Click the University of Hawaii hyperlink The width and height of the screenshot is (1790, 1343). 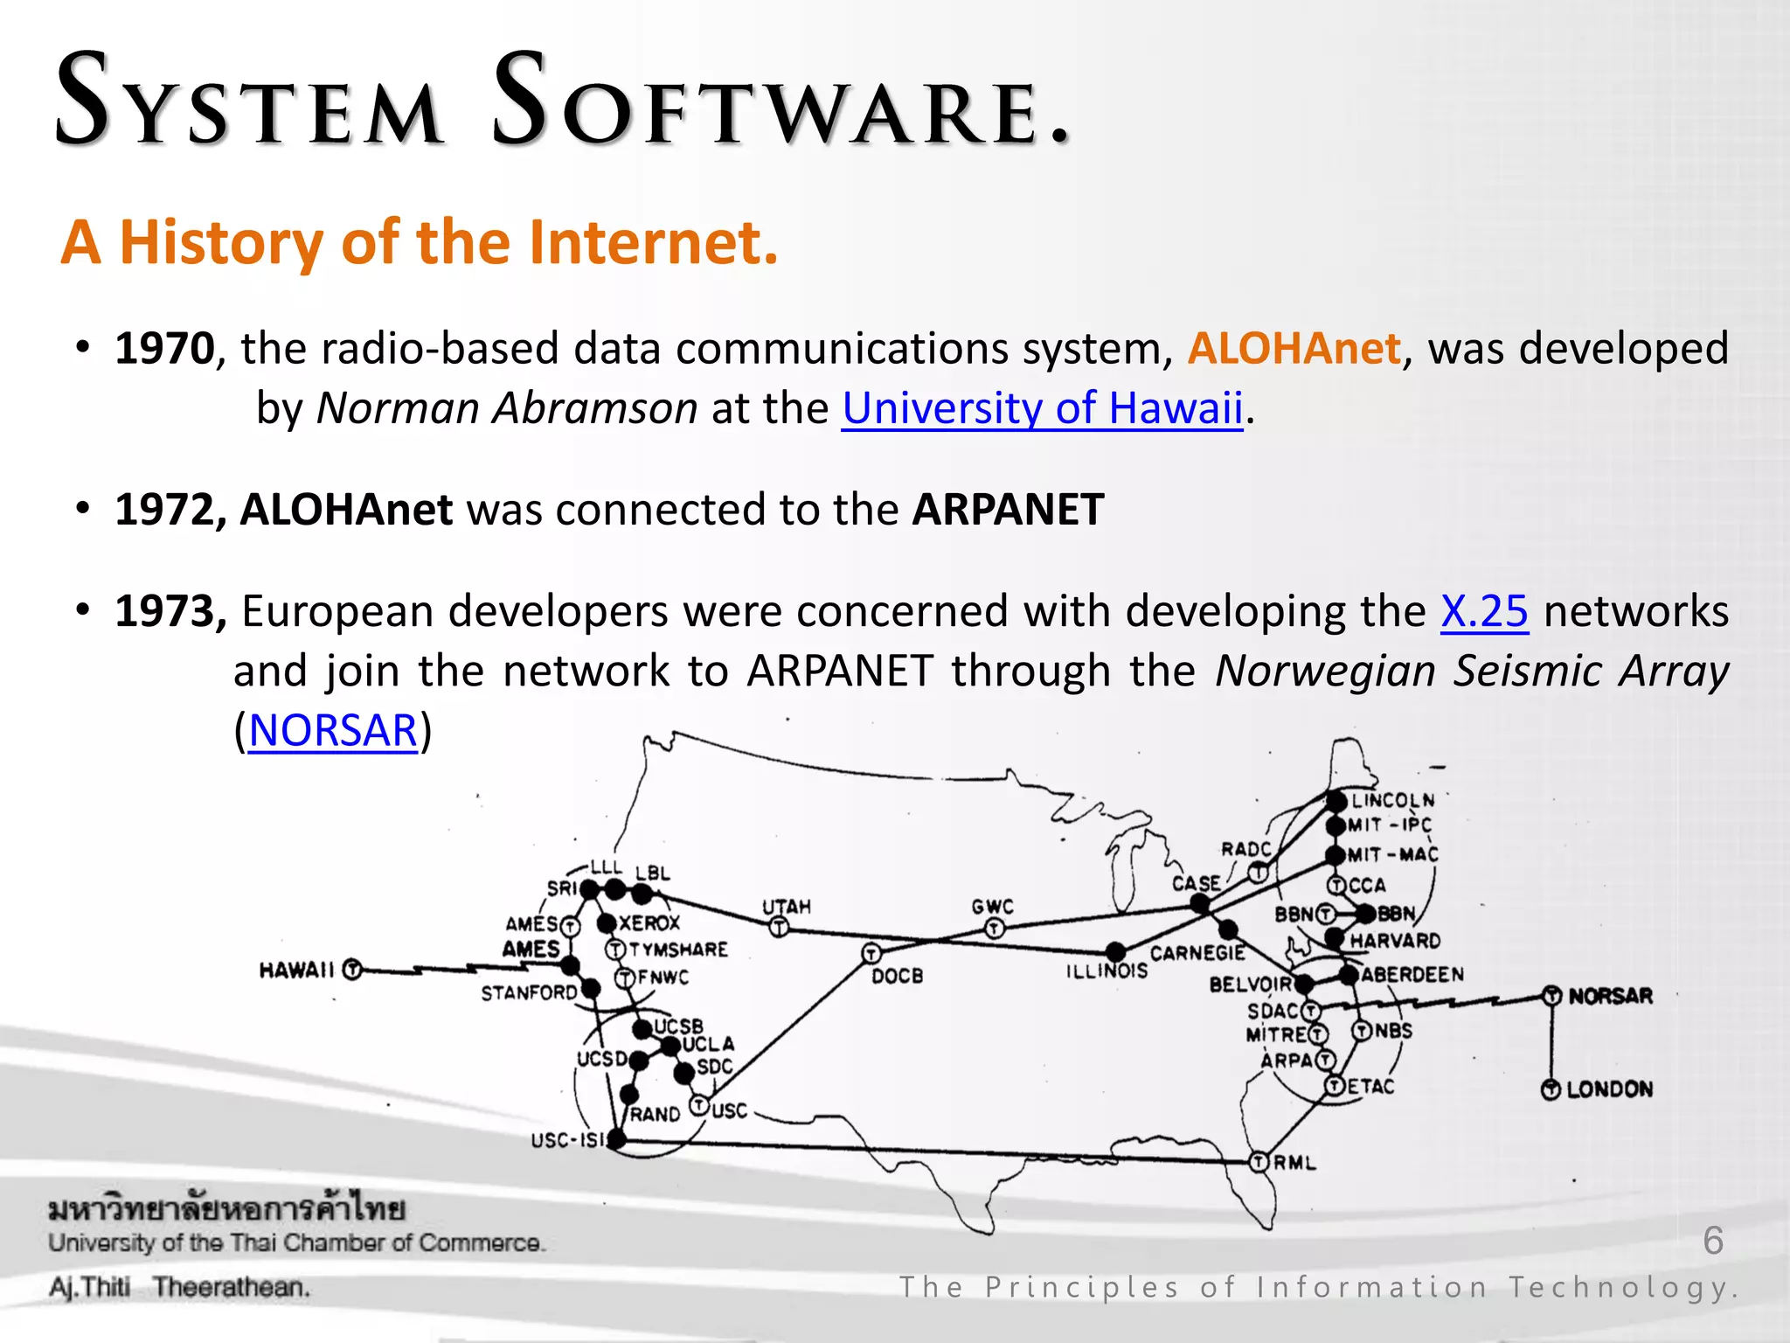pyautogui.click(x=1042, y=408)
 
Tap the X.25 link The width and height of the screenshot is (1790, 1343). pyautogui.click(x=1484, y=611)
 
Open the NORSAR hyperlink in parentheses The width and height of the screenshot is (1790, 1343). pyautogui.click(x=333, y=730)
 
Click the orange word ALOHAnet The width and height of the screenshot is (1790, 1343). pyautogui.click(x=1294, y=349)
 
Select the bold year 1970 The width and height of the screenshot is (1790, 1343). pyautogui.click(x=164, y=349)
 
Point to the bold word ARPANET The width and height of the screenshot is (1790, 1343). pyautogui.click(x=1008, y=510)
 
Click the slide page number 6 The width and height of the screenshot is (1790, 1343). pyautogui.click(x=1713, y=1241)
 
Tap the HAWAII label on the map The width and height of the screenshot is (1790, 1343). pyautogui.click(x=297, y=971)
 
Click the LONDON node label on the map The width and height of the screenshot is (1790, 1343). pyautogui.click(x=1609, y=1089)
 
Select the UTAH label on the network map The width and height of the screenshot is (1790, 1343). pyautogui.click(x=787, y=907)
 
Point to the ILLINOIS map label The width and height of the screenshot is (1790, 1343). pyautogui.click(x=1107, y=971)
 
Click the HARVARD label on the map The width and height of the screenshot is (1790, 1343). pyautogui.click(x=1395, y=941)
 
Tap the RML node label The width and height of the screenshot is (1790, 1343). pyautogui.click(x=1294, y=1163)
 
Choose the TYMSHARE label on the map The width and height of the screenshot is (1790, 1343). pyautogui.click(x=678, y=950)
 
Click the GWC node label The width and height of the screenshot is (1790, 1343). pyautogui.click(x=992, y=907)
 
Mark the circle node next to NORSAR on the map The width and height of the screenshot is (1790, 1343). pyautogui.click(x=1551, y=996)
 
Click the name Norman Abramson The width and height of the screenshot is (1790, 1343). pyautogui.click(x=507, y=408)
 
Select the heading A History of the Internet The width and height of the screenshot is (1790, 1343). pyautogui.click(x=420, y=242)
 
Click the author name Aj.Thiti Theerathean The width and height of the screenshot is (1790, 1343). pyautogui.click(x=179, y=1287)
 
